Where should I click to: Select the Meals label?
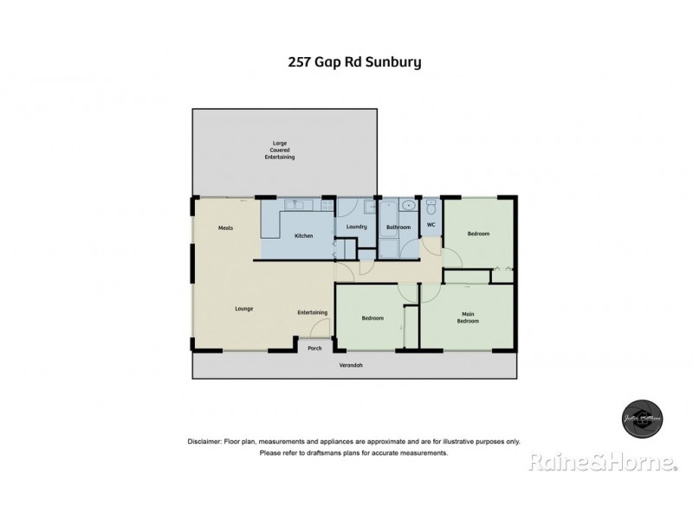226,228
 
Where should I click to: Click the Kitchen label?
303,235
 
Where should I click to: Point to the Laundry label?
357,227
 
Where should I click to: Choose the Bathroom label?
398,227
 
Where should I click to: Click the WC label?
431,226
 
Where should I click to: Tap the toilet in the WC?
431,208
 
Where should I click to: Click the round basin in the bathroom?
407,208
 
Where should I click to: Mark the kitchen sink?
297,205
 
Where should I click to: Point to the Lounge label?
243,307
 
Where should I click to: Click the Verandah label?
351,366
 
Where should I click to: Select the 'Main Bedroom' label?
468,317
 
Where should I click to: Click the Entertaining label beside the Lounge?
312,312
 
